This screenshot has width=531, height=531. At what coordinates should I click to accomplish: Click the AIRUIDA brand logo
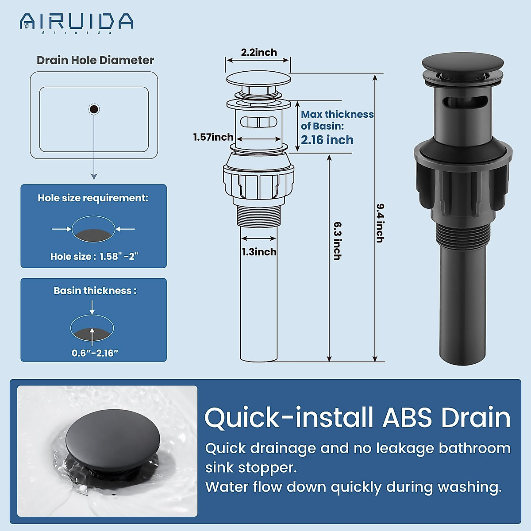click(76, 22)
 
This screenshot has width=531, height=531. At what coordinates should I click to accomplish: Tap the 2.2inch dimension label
click(259, 52)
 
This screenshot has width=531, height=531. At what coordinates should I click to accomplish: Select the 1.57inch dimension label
click(213, 137)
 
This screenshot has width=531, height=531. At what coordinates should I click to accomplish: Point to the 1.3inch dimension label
click(259, 252)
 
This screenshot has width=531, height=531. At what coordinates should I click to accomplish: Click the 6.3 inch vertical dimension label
click(338, 241)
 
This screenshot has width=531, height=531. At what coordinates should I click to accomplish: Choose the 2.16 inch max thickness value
click(327, 140)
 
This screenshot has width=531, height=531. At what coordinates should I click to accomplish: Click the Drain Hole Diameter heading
click(95, 60)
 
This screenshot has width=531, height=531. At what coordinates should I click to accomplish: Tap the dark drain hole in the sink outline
click(94, 109)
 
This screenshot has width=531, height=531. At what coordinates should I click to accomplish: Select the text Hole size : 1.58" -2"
click(94, 256)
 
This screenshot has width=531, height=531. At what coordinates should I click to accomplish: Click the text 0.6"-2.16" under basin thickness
click(95, 353)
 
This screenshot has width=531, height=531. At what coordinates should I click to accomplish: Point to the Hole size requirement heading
click(93, 198)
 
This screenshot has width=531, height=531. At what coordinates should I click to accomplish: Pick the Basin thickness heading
click(95, 291)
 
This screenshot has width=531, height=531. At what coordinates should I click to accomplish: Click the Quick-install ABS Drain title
click(357, 417)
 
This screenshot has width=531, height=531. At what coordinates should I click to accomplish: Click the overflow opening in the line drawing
click(258, 122)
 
